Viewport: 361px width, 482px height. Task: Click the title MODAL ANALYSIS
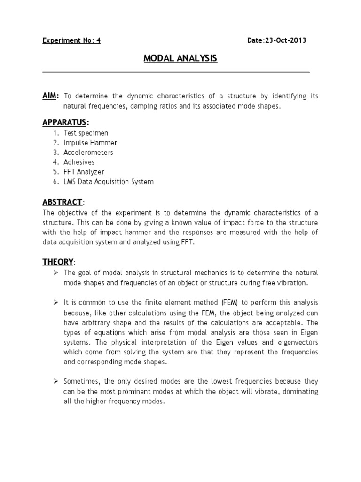tap(180, 59)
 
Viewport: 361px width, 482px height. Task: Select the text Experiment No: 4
tap(71, 40)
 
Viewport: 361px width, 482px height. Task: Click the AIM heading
tap(50, 96)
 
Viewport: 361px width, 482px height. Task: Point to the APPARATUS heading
tap(65, 122)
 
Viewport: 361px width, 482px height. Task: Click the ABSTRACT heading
tap(63, 202)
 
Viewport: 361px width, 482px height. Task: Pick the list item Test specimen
tap(86, 133)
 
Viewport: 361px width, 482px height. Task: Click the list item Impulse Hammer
tap(90, 143)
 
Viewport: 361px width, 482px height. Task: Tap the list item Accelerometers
tap(88, 153)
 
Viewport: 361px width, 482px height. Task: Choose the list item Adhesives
tap(79, 162)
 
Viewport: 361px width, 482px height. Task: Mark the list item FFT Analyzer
tap(84, 172)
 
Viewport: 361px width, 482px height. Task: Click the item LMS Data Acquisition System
tap(109, 181)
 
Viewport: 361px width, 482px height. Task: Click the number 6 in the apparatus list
tap(55, 181)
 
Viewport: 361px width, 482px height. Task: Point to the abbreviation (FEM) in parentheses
tap(199, 302)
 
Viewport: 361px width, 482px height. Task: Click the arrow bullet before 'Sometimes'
tap(55, 381)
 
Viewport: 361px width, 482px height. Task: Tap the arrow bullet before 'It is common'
tap(55, 302)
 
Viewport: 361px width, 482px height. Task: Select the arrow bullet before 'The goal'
tap(55, 273)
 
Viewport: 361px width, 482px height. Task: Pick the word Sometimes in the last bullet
tap(81, 381)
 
